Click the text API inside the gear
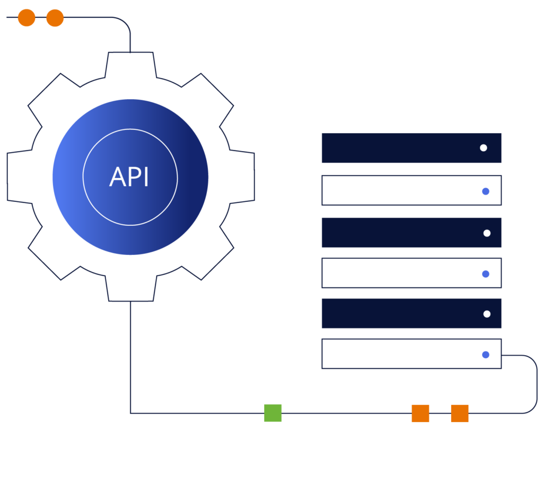coord(129,177)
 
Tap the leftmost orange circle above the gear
coord(27,17)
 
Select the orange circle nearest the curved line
coord(55,17)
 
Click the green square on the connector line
coord(273,413)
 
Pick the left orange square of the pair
coord(421,413)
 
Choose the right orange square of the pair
coord(460,413)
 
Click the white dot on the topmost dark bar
coord(483,148)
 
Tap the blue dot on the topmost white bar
coord(485,191)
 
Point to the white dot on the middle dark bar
coord(487,233)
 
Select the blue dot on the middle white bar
coord(485,274)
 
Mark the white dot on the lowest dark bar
coord(487,314)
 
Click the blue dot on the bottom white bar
coord(485,355)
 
